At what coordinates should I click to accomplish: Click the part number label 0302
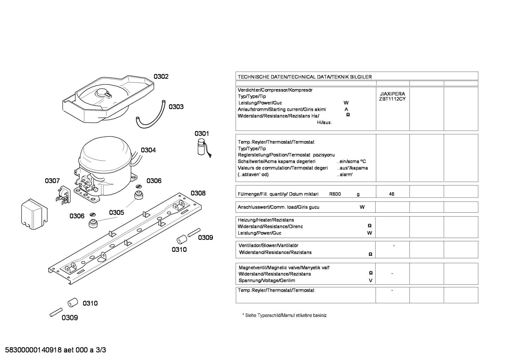[x=161, y=77]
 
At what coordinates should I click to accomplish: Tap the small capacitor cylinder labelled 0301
[x=201, y=147]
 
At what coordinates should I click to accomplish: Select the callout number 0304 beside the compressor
[x=148, y=150]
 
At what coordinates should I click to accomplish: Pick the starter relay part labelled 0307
[x=63, y=195]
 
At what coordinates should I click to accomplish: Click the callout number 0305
[x=116, y=213]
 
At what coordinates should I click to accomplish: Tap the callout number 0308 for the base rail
[x=198, y=193]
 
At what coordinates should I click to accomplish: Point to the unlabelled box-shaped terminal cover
[x=34, y=214]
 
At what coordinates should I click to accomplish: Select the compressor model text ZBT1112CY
[x=392, y=99]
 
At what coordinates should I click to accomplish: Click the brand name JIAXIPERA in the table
[x=393, y=94]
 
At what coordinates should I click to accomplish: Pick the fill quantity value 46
[x=391, y=194]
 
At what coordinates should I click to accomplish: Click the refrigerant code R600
[x=335, y=194]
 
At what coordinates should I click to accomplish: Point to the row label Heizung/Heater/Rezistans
[x=266, y=220]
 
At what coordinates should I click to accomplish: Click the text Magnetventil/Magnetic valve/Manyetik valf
[x=284, y=268]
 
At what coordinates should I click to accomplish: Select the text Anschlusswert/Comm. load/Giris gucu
[x=279, y=207]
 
